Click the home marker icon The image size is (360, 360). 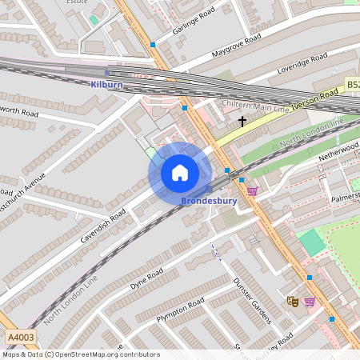coord(180,173)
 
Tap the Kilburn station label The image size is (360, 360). coord(106,84)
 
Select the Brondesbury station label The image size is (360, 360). coord(209,201)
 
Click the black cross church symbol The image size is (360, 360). coord(242,122)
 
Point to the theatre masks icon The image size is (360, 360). coord(293,301)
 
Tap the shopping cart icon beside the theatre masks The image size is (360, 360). coord(310,301)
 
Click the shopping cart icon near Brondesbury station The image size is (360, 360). coord(253,190)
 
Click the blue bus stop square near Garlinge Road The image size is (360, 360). coord(153,45)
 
